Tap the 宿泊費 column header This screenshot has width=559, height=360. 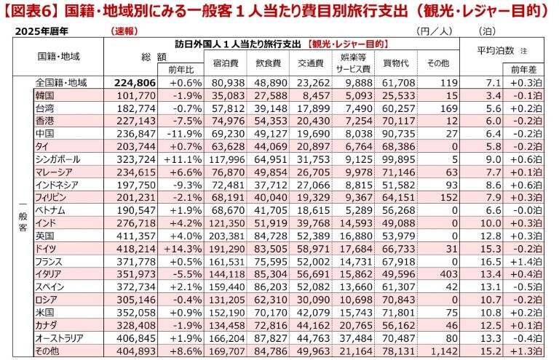pyautogui.click(x=223, y=63)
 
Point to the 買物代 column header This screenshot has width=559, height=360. pyautogui.click(x=393, y=63)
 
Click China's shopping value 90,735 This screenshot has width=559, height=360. pyautogui.click(x=395, y=133)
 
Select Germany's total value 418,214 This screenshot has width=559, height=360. pyautogui.click(x=136, y=248)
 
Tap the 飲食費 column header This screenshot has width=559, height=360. pyautogui.click(x=265, y=63)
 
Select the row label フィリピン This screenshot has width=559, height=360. pyautogui.click(x=49, y=197)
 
